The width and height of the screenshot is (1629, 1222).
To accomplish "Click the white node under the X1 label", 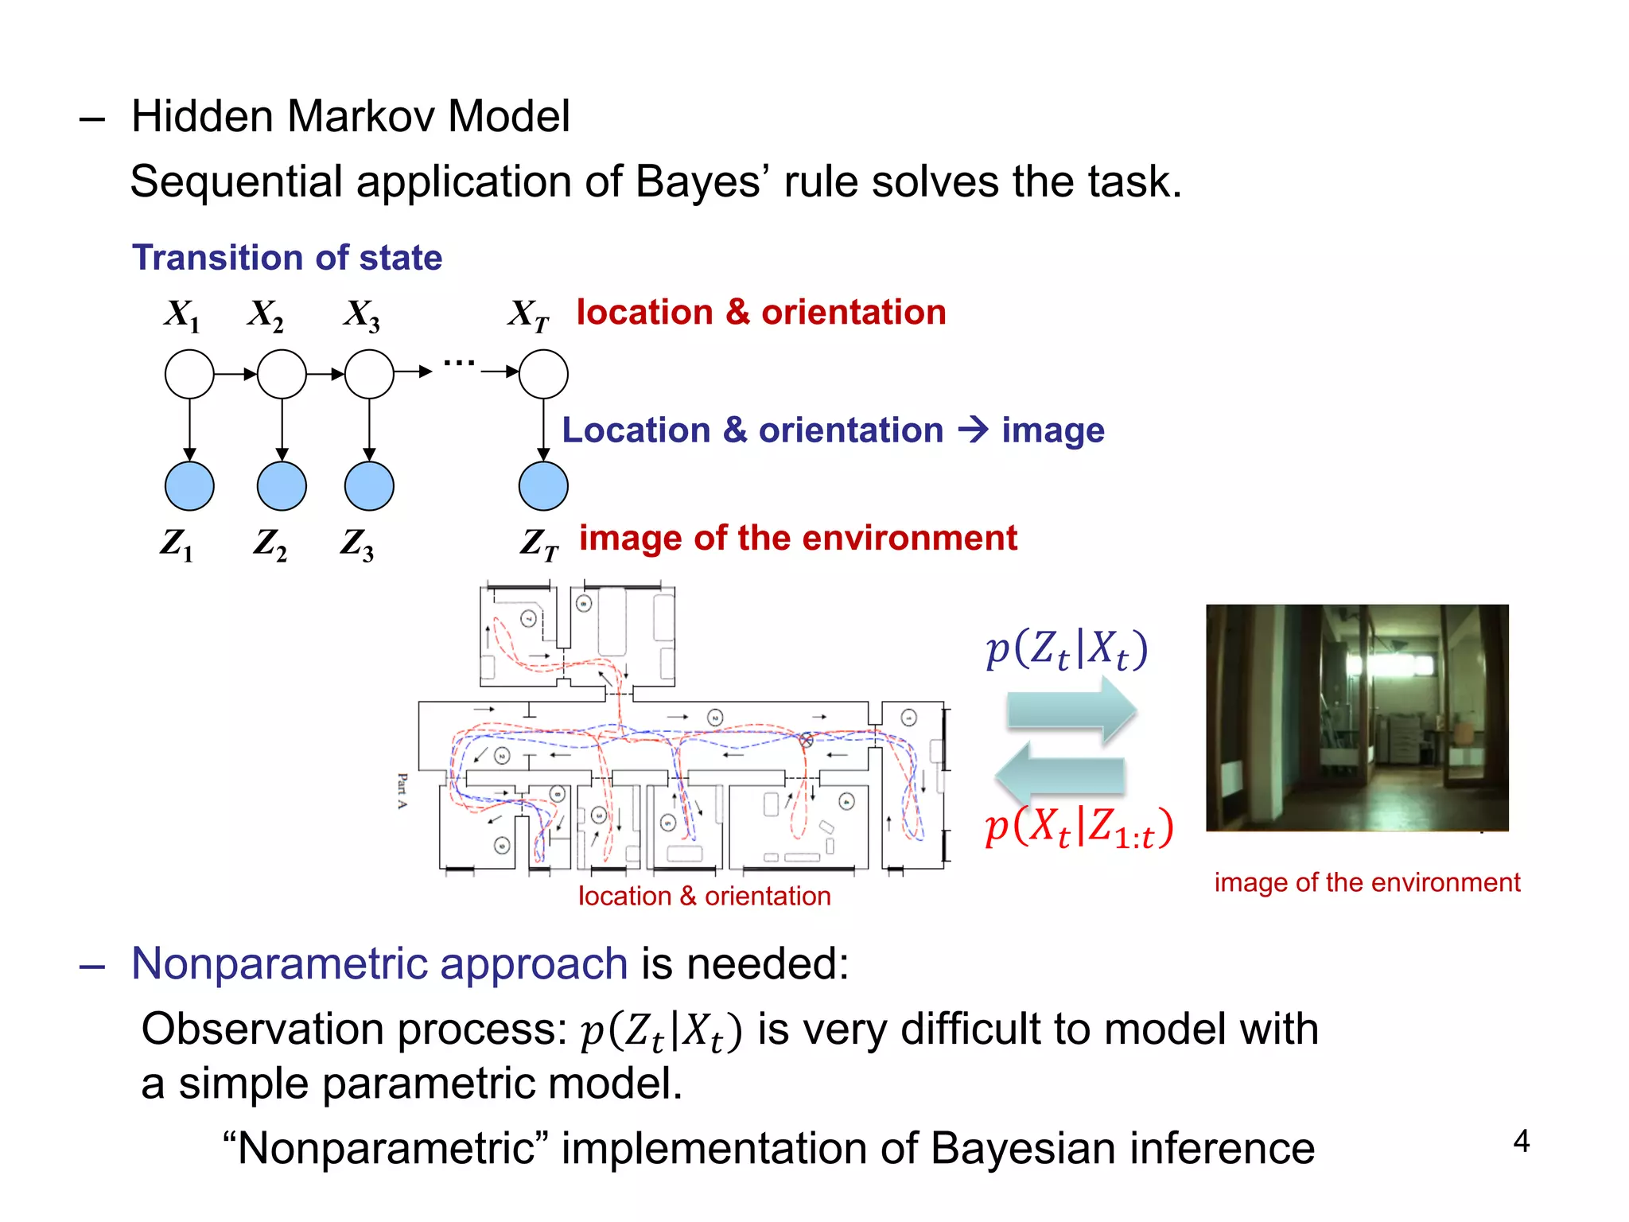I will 189,374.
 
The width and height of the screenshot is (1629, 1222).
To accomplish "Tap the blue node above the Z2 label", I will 282,486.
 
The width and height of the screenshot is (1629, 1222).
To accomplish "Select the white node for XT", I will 543,374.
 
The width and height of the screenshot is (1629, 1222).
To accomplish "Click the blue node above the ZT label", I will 543,486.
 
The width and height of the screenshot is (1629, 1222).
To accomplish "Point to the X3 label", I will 362,315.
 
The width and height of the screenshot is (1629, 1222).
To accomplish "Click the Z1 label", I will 177,544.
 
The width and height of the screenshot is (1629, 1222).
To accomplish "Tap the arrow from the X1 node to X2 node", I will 235,374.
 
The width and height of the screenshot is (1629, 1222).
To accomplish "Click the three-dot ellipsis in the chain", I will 459,364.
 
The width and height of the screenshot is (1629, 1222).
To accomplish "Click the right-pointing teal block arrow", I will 1070,710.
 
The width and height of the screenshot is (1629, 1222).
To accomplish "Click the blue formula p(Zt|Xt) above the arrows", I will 1067,650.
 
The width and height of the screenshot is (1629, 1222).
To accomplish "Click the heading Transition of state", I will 287,258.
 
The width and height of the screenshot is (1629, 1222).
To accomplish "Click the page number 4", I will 1521,1142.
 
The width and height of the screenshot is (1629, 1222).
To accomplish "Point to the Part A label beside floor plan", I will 402,791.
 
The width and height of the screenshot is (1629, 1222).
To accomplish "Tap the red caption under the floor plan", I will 704,897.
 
